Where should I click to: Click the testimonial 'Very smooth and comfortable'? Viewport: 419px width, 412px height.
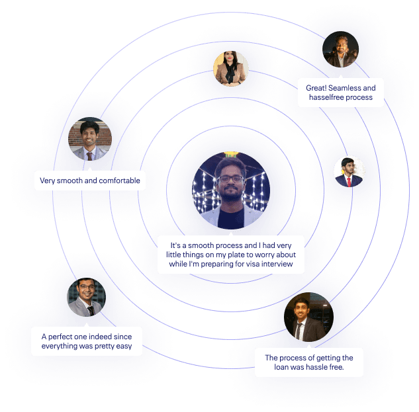(x=90, y=180)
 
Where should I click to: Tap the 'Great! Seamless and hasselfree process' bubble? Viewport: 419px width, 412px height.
(x=340, y=93)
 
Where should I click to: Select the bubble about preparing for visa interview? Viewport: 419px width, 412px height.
(x=231, y=255)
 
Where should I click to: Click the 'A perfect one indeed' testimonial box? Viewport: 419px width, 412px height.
(x=87, y=341)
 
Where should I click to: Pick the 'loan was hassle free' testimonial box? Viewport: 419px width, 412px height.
(x=309, y=362)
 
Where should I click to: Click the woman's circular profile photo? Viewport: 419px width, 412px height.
(x=230, y=69)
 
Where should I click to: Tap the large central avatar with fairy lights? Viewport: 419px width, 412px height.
(x=231, y=184)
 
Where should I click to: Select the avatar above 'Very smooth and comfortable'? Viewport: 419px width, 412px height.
(x=90, y=140)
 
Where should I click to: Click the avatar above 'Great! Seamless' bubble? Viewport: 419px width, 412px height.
(x=340, y=50)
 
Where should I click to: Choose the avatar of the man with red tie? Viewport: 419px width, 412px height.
(x=349, y=172)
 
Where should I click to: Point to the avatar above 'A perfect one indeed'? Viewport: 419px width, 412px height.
(x=87, y=297)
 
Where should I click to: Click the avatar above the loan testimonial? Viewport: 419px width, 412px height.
(x=308, y=317)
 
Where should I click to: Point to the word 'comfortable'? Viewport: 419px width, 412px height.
(x=120, y=180)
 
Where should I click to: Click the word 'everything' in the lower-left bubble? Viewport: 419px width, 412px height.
(x=61, y=347)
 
